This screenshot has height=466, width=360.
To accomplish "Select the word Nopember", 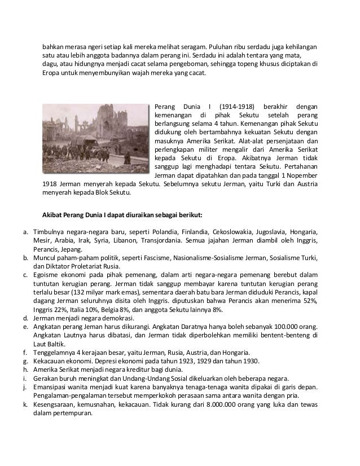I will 302,177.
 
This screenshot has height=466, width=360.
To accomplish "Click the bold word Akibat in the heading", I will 54,215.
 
